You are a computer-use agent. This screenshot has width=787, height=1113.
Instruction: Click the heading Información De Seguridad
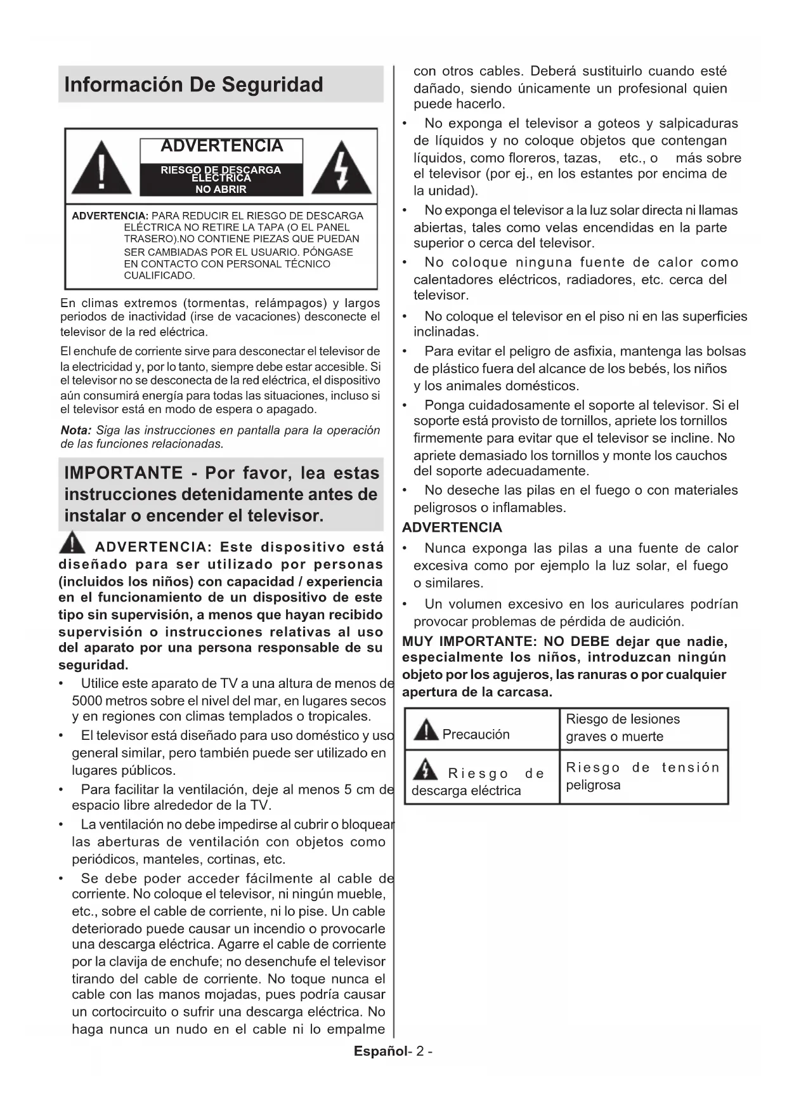[193, 84]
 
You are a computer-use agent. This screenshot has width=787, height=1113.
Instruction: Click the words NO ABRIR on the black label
[221, 189]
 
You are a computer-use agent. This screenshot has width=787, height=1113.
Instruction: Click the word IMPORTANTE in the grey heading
[124, 473]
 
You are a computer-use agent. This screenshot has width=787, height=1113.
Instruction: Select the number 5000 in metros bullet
[88, 701]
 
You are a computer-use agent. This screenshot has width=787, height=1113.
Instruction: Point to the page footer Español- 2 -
[393, 1051]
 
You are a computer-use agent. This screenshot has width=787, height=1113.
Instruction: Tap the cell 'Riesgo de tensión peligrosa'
[642, 776]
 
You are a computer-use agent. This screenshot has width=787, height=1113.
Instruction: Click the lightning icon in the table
[425, 770]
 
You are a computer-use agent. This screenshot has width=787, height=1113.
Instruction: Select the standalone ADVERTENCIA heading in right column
[452, 527]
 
